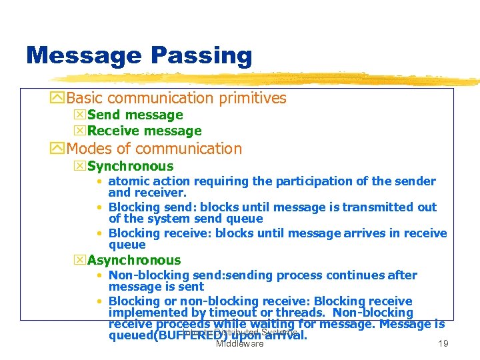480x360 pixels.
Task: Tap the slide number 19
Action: tap(441, 344)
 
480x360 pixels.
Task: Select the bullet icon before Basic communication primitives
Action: tap(58, 99)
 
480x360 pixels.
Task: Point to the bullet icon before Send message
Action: tap(80, 115)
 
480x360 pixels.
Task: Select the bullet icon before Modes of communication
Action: tap(58, 149)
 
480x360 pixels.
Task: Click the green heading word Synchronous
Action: tap(130, 167)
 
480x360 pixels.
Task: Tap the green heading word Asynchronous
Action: tap(134, 261)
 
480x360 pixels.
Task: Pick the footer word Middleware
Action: tap(239, 344)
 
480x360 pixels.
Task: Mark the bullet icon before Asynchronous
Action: tap(80, 261)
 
